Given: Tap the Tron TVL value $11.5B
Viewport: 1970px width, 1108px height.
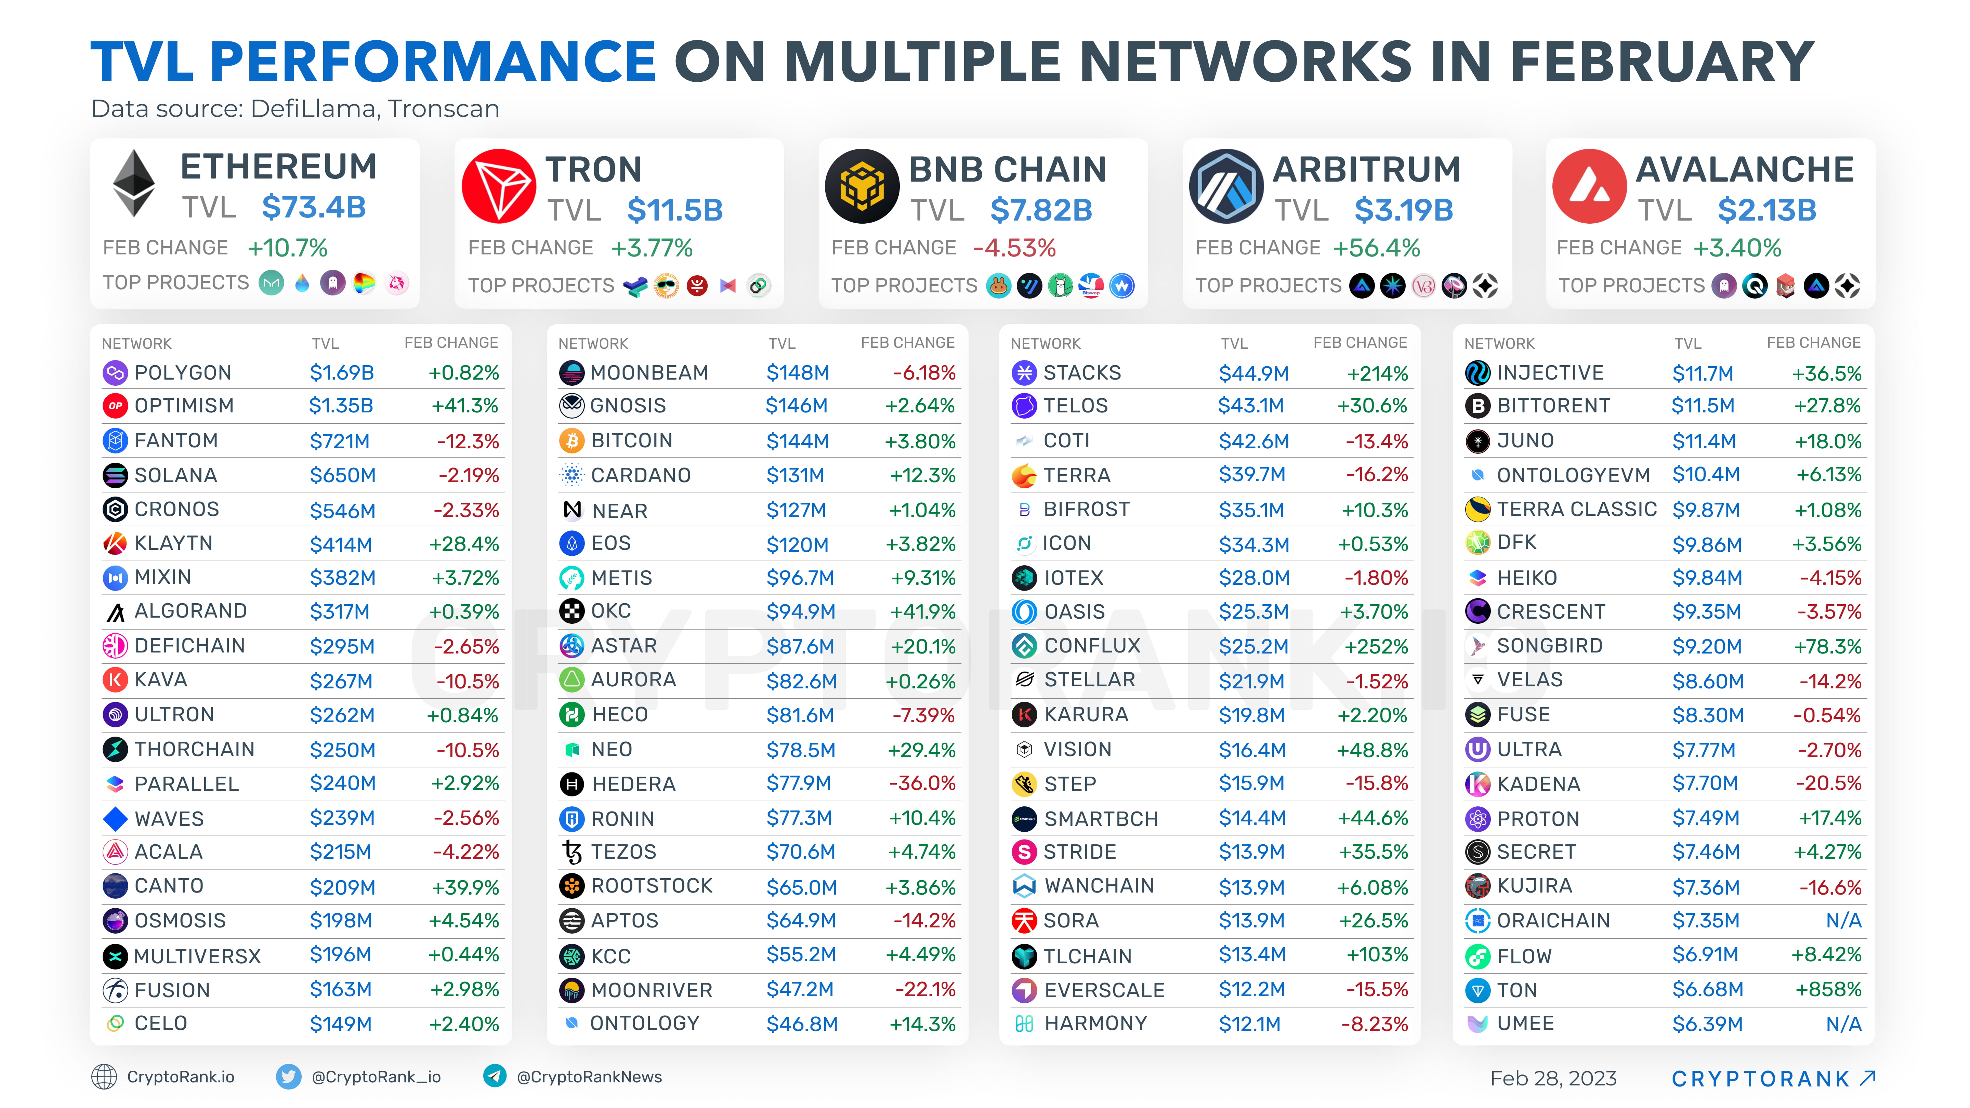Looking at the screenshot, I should point(674,210).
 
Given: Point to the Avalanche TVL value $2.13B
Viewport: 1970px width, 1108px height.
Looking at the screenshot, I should point(1767,210).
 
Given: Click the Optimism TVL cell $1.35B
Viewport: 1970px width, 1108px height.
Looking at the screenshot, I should point(341,406).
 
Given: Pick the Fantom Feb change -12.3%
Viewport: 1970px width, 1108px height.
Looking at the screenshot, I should point(467,441).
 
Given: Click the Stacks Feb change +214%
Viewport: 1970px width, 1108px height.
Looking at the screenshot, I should point(1377,373).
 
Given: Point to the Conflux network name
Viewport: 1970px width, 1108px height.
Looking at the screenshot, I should point(1092,646).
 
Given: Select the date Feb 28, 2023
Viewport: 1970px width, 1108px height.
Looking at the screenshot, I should point(1553,1078).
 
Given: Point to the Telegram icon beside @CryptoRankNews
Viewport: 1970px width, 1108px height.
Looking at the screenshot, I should point(495,1077).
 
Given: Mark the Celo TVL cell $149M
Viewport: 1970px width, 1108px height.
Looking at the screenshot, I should point(340,1024).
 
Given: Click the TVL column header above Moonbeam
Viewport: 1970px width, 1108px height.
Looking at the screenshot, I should point(782,343).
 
